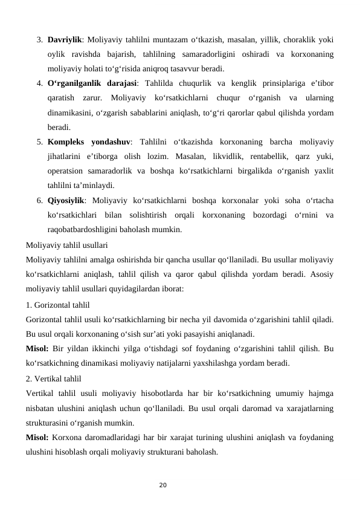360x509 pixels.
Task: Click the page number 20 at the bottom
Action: click(x=180, y=484)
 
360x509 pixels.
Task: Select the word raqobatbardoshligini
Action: click(x=85, y=230)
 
